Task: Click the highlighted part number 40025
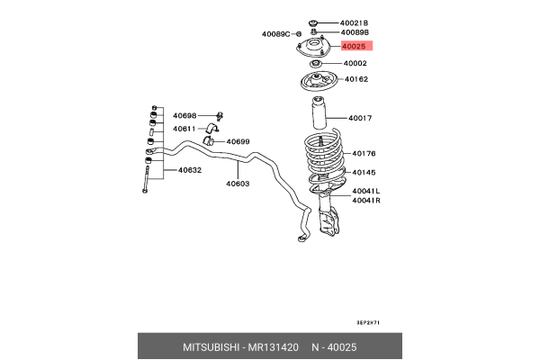point(354,45)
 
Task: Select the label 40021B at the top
point(354,22)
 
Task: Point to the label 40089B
point(354,32)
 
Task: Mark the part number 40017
point(360,118)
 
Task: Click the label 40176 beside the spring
point(364,153)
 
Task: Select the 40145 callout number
point(364,172)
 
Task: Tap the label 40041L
point(366,191)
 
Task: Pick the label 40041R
point(366,200)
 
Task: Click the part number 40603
point(238,184)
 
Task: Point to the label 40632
point(189,170)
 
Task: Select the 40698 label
point(184,116)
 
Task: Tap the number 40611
point(184,129)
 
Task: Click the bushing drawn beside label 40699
point(211,139)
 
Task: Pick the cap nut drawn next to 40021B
point(312,22)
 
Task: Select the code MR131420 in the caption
point(270,346)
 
